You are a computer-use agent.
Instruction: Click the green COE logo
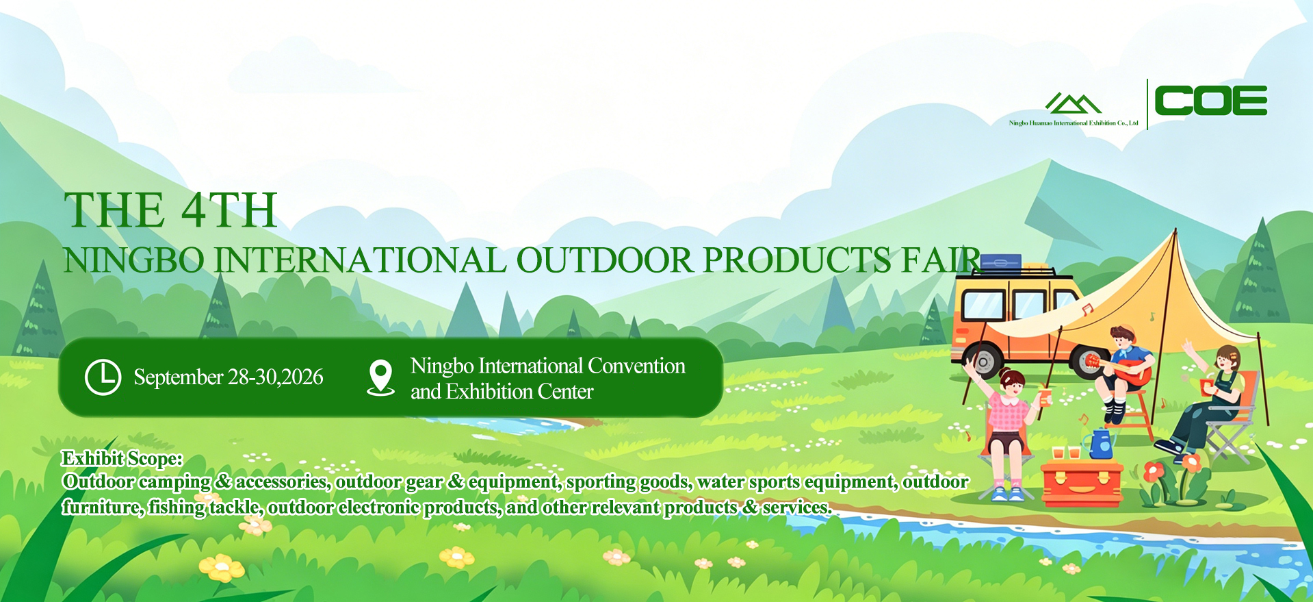[x=1210, y=101]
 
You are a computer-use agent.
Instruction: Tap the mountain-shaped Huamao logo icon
[x=1073, y=103]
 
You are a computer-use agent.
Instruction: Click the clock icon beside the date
[x=103, y=377]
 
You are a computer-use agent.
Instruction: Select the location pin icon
[x=380, y=378]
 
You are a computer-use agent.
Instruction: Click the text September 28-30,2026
[x=229, y=377]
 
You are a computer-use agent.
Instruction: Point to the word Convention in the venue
[x=636, y=366]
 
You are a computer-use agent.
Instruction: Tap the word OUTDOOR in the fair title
[x=605, y=260]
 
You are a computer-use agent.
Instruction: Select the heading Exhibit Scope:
[x=122, y=458]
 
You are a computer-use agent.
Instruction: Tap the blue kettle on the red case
[x=1100, y=443]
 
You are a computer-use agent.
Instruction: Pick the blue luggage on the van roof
[x=1001, y=261]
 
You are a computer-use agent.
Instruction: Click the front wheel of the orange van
[x=983, y=362]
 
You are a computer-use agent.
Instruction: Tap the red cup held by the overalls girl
[x=1206, y=387]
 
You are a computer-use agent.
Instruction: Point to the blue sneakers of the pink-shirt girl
[x=1008, y=492]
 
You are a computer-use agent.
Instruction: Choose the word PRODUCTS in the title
[x=797, y=260]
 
